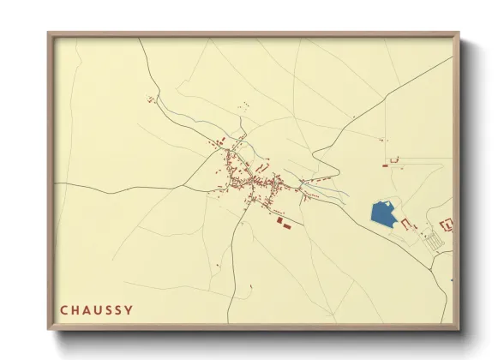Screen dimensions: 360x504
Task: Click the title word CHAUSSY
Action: click(x=96, y=309)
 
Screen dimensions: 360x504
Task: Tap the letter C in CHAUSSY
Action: click(x=63, y=309)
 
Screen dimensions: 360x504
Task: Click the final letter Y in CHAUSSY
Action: click(x=129, y=309)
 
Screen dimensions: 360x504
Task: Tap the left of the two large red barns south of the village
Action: click(x=279, y=221)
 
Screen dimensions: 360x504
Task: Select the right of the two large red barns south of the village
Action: click(x=287, y=225)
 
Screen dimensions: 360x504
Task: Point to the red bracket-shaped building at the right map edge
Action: click(x=446, y=225)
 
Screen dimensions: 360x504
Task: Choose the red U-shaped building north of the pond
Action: click(x=395, y=159)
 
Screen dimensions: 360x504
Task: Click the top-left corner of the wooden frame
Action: click(x=49, y=33)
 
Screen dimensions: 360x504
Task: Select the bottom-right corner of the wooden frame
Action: click(x=458, y=328)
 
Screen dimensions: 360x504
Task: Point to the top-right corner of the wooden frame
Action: click(x=458, y=33)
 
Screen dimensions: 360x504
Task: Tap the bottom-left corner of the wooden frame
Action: click(x=49, y=328)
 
